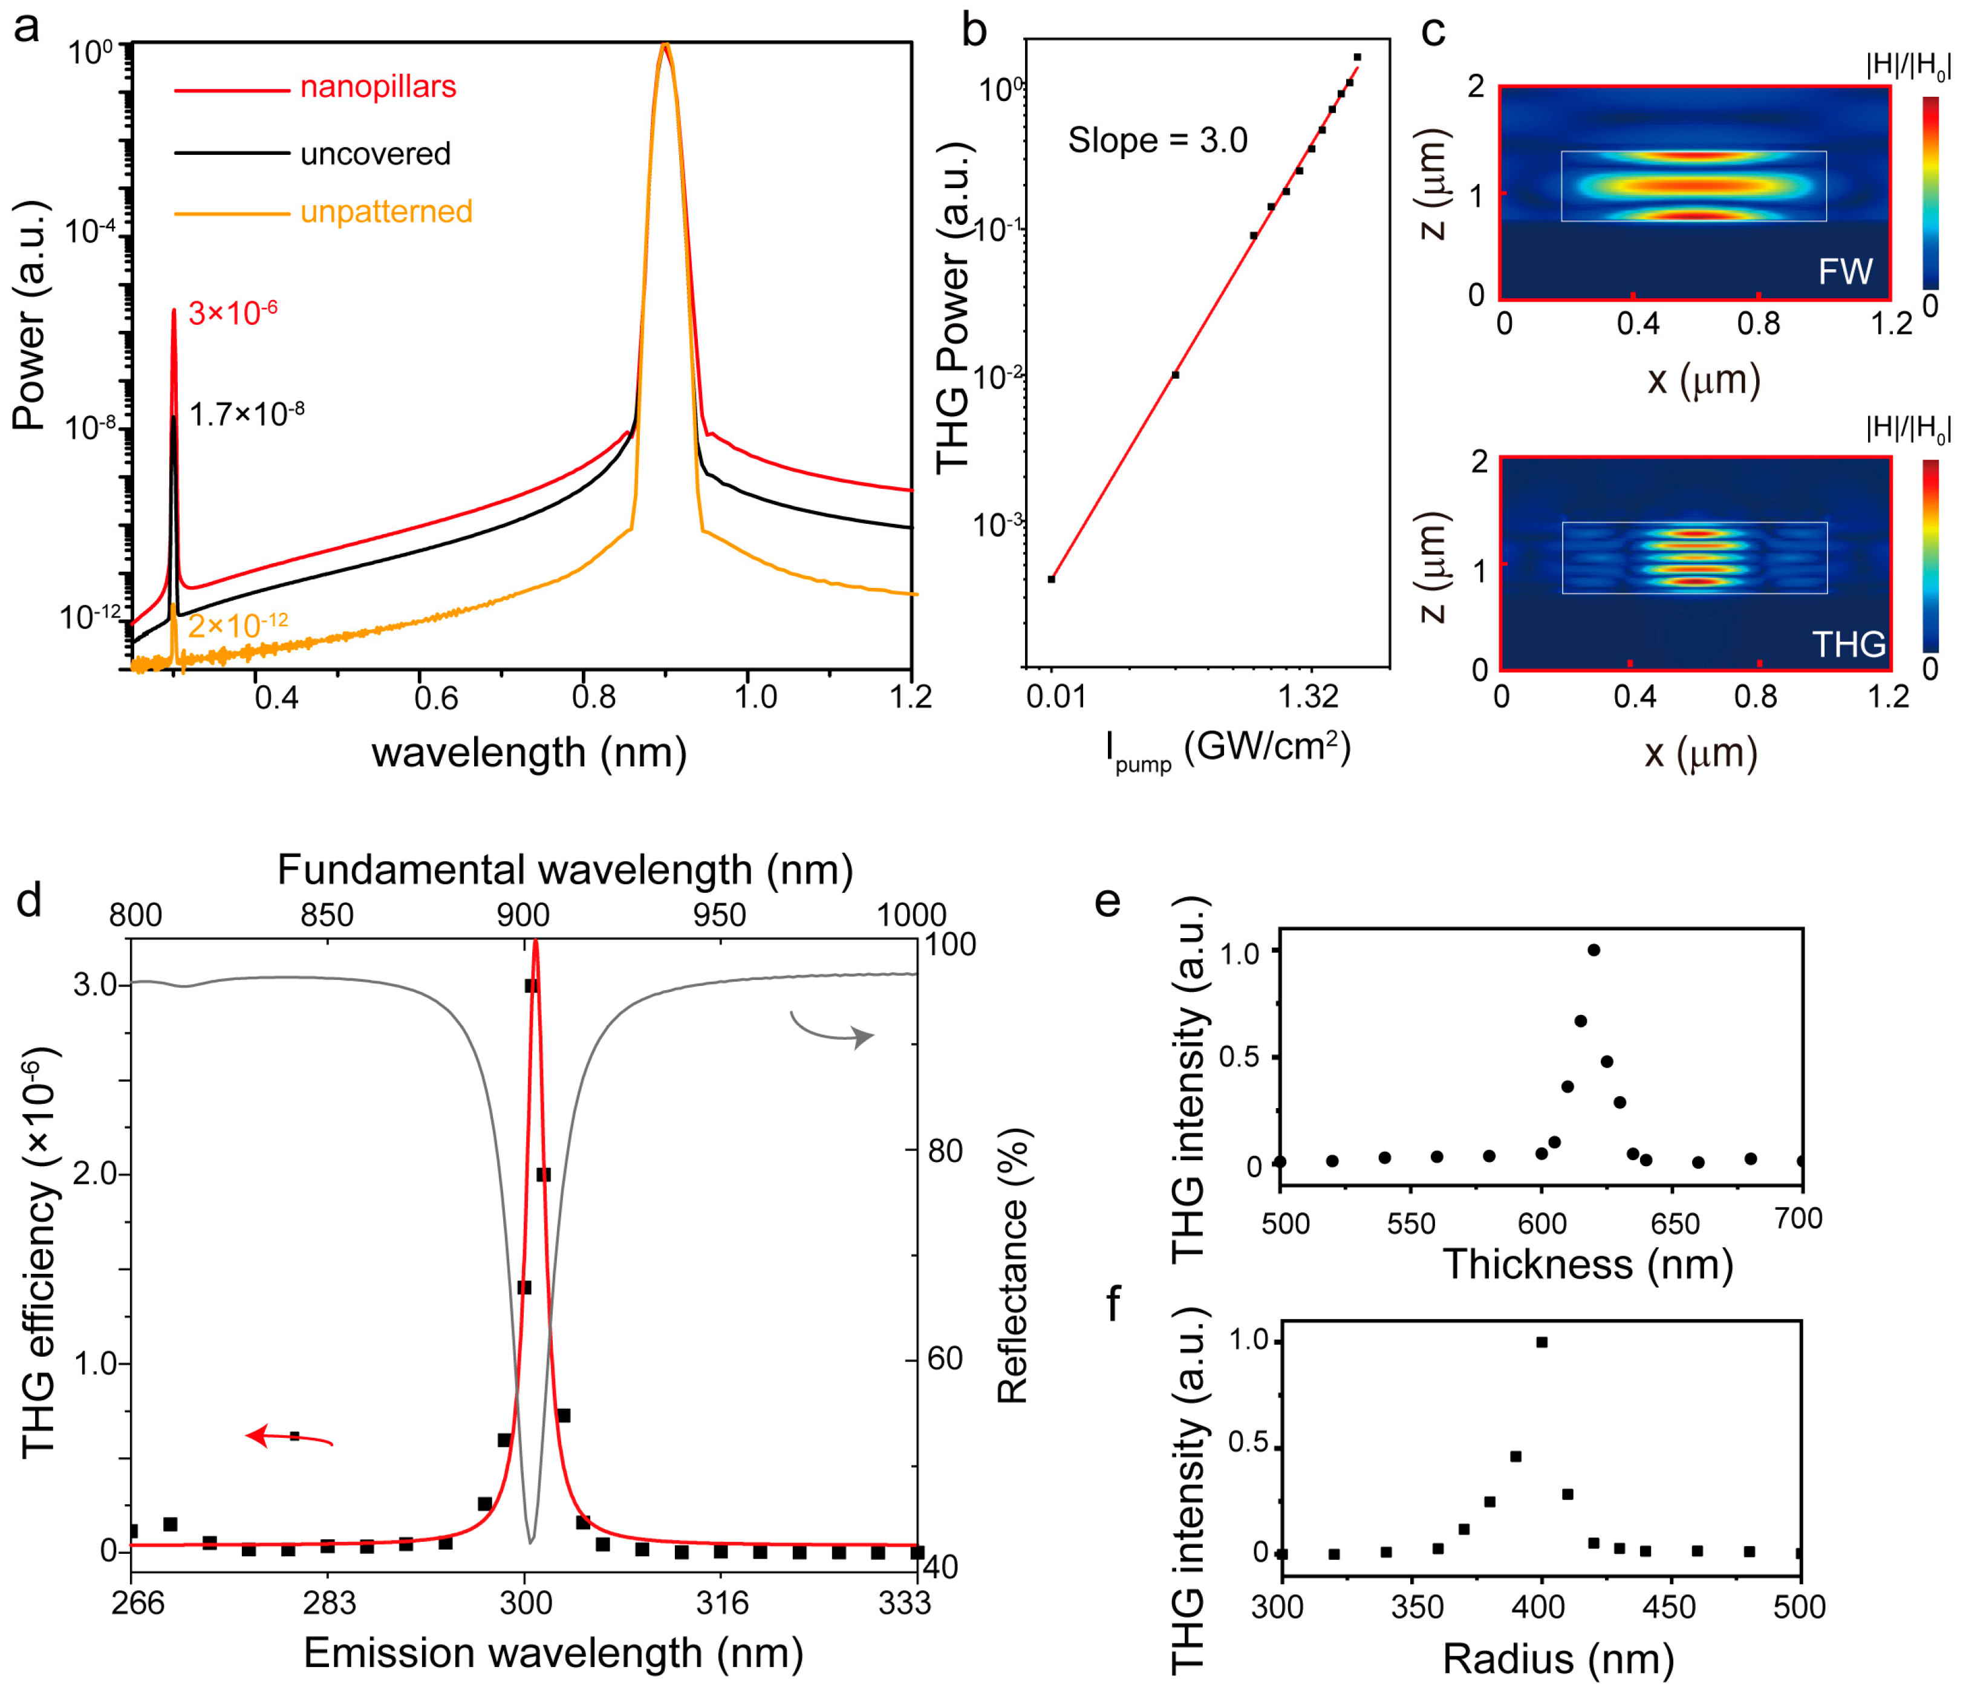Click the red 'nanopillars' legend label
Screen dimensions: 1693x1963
(377, 87)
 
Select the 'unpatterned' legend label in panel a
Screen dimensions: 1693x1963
(386, 211)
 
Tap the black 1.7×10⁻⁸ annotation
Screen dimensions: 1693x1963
(246, 414)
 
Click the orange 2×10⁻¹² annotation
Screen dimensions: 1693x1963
(237, 625)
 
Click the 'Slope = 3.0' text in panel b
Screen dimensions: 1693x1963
(1157, 140)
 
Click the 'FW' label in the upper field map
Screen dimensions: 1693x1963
(1844, 272)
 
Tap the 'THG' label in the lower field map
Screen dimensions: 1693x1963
(1847, 644)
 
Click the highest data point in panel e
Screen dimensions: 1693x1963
(1594, 950)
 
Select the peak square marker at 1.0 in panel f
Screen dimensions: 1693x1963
(1542, 1342)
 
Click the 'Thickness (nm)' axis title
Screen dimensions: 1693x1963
(1588, 1265)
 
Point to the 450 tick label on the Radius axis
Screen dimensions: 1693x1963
(1668, 1608)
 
